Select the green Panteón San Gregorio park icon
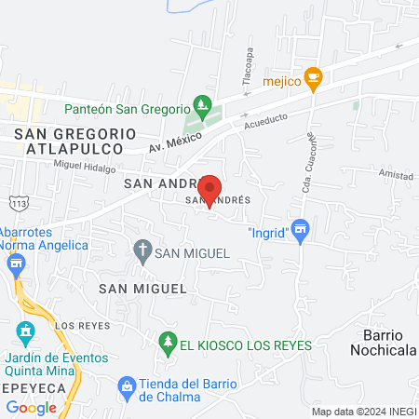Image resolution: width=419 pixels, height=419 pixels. click(199, 103)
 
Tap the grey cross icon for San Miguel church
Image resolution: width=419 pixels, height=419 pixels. click(142, 250)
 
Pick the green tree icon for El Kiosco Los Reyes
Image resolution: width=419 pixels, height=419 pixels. click(168, 344)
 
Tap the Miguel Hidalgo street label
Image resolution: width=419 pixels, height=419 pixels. click(85, 168)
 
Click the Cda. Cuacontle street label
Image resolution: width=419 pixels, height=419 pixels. click(309, 164)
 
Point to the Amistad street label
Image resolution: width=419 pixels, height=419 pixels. click(395, 175)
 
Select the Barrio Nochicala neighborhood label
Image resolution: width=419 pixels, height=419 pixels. click(381, 342)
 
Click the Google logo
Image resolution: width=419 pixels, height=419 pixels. click(32, 407)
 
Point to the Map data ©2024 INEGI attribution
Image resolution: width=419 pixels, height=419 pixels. click(364, 412)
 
